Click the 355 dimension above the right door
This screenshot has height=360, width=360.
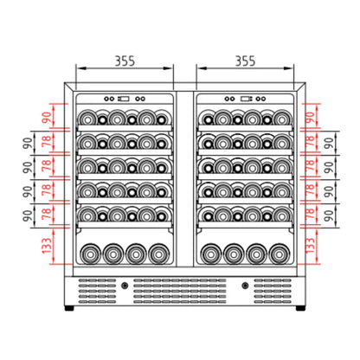pos(245,61)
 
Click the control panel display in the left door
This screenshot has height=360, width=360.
pos(124,97)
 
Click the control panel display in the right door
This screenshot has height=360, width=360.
pos(247,97)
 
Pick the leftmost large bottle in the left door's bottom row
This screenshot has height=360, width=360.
pos(91,254)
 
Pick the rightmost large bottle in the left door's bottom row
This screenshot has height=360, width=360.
pos(157,254)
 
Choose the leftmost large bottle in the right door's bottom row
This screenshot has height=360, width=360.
pos(211,254)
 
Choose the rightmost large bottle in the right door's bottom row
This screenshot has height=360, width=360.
pos(277,254)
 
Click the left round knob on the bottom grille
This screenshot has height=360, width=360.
pos(125,285)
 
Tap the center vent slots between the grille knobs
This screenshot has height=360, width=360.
pos(183,290)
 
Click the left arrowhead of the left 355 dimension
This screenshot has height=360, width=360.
pos(79,68)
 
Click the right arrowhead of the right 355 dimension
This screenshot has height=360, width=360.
pos(293,68)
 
